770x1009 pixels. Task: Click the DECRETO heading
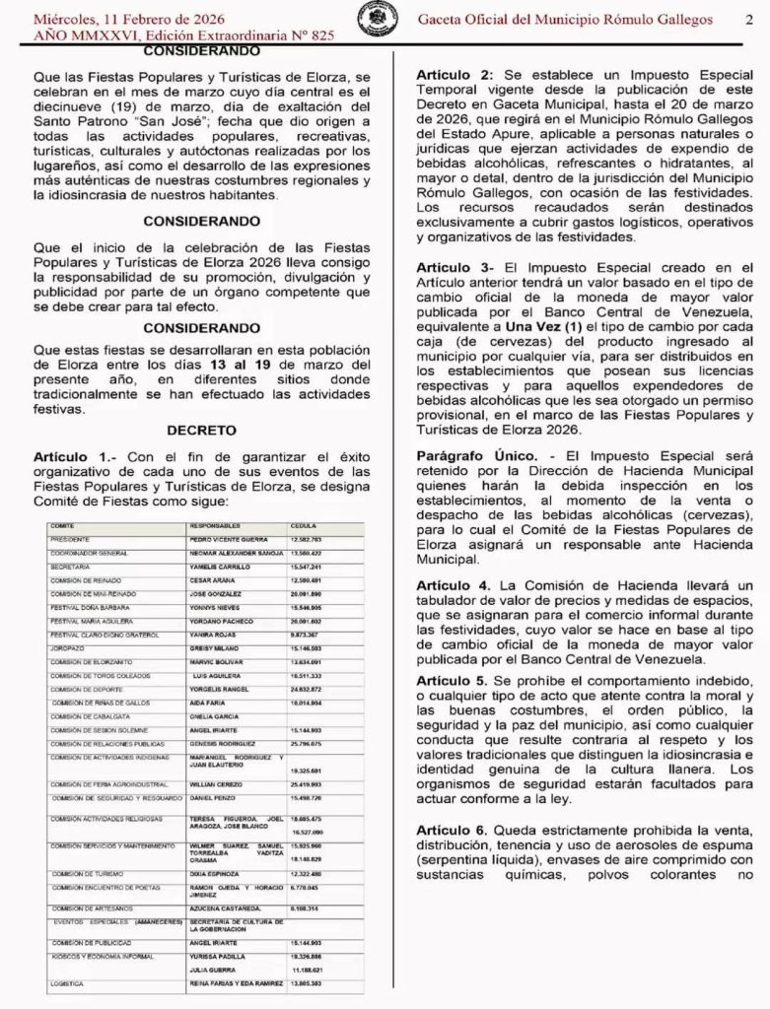pyautogui.click(x=201, y=430)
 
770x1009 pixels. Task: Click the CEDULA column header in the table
pyautogui.click(x=303, y=526)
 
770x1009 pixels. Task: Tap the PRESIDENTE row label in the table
pyautogui.click(x=69, y=541)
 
